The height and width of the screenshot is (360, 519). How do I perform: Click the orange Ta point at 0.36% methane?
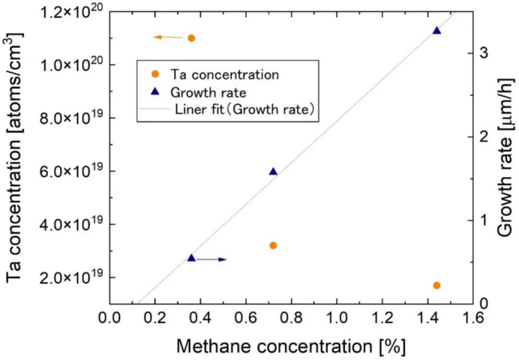coord(191,37)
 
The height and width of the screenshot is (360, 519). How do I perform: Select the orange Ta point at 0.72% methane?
coord(273,245)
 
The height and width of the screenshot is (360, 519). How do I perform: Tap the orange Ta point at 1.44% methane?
coord(436,285)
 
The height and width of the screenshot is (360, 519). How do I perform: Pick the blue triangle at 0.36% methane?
coord(191,258)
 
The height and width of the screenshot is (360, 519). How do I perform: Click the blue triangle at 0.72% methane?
coord(273,172)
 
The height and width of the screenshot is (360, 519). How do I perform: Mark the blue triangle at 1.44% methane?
coord(436,31)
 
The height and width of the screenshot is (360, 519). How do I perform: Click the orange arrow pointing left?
coord(167,37)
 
